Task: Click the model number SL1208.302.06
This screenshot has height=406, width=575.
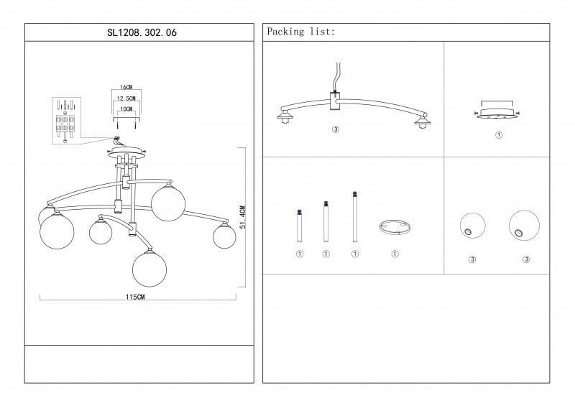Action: point(142,32)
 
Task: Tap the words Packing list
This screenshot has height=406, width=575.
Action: point(300,32)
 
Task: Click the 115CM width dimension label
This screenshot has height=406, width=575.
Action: point(135,297)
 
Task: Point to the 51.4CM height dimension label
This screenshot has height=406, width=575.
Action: point(243,217)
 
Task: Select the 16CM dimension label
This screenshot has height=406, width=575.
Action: point(126,87)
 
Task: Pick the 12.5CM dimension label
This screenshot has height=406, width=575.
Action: point(126,98)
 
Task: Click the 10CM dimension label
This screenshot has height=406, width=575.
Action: point(126,109)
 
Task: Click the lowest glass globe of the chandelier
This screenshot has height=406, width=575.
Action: point(149,269)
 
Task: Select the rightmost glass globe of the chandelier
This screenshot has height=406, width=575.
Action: point(224,237)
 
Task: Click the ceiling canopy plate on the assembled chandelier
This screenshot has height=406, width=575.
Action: point(126,152)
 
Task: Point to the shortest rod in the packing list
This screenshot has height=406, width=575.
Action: point(299,226)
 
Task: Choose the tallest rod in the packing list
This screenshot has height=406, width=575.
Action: point(354,217)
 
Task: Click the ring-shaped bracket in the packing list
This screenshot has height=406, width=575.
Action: point(395,227)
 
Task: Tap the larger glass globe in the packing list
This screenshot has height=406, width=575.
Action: point(525,226)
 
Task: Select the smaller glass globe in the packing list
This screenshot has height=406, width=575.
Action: point(473,226)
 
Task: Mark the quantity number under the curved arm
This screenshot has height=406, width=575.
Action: point(336,129)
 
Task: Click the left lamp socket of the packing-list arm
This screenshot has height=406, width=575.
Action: point(285,116)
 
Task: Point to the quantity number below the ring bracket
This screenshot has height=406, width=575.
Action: point(395,254)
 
